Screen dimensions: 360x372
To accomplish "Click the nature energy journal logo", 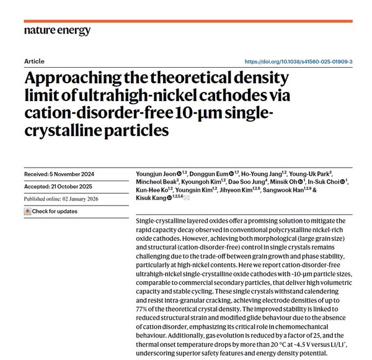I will coord(57,30).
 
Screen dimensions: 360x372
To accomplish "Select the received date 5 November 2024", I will coord(71,173).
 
